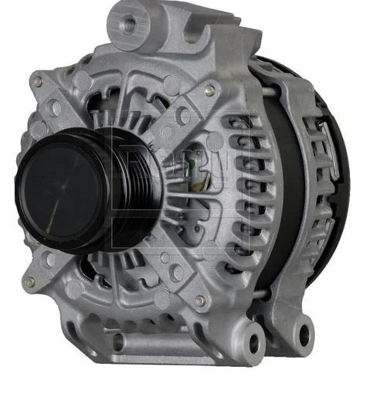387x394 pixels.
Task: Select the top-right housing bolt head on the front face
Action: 209,90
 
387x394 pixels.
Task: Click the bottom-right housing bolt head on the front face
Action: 200,300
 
